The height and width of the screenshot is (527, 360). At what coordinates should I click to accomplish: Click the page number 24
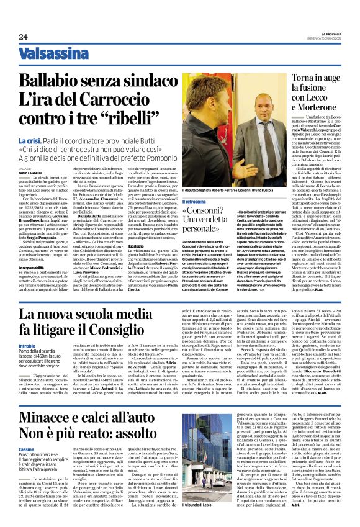point(24,37)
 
